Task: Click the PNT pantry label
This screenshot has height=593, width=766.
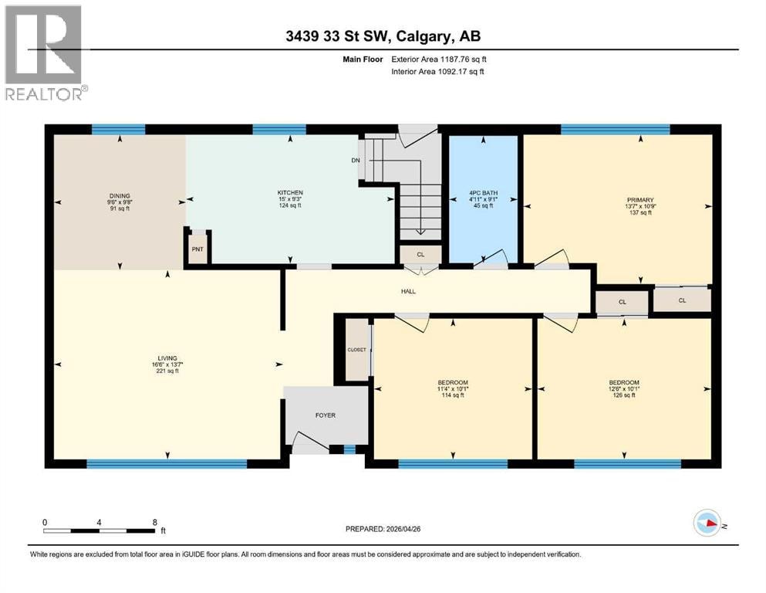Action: click(x=197, y=249)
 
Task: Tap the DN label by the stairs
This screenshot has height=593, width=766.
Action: click(x=356, y=161)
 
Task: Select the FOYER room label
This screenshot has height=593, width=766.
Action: click(x=326, y=415)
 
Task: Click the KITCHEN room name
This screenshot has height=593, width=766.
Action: click(x=290, y=192)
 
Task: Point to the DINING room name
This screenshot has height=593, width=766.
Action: click(x=120, y=195)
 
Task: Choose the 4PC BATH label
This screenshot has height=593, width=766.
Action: click(x=483, y=193)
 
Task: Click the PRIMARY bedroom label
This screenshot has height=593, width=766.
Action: click(x=640, y=200)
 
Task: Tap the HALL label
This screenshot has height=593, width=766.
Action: click(x=408, y=291)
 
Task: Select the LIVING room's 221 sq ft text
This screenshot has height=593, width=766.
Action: click(x=167, y=371)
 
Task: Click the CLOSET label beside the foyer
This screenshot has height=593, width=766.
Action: click(x=356, y=350)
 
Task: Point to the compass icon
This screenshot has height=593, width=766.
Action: click(x=707, y=523)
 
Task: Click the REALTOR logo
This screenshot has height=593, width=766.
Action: click(x=45, y=53)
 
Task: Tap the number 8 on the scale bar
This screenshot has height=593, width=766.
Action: click(x=155, y=522)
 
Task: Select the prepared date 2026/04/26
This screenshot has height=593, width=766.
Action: click(x=403, y=529)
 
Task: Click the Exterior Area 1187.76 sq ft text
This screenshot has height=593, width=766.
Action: click(x=439, y=59)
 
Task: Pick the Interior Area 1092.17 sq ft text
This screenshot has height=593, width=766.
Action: click(x=437, y=71)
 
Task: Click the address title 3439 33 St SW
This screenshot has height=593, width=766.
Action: click(x=338, y=36)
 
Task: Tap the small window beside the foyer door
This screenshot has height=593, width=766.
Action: click(x=349, y=449)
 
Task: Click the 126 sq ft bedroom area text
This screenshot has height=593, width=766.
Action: click(x=624, y=395)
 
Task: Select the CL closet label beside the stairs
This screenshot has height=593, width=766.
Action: click(x=420, y=255)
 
